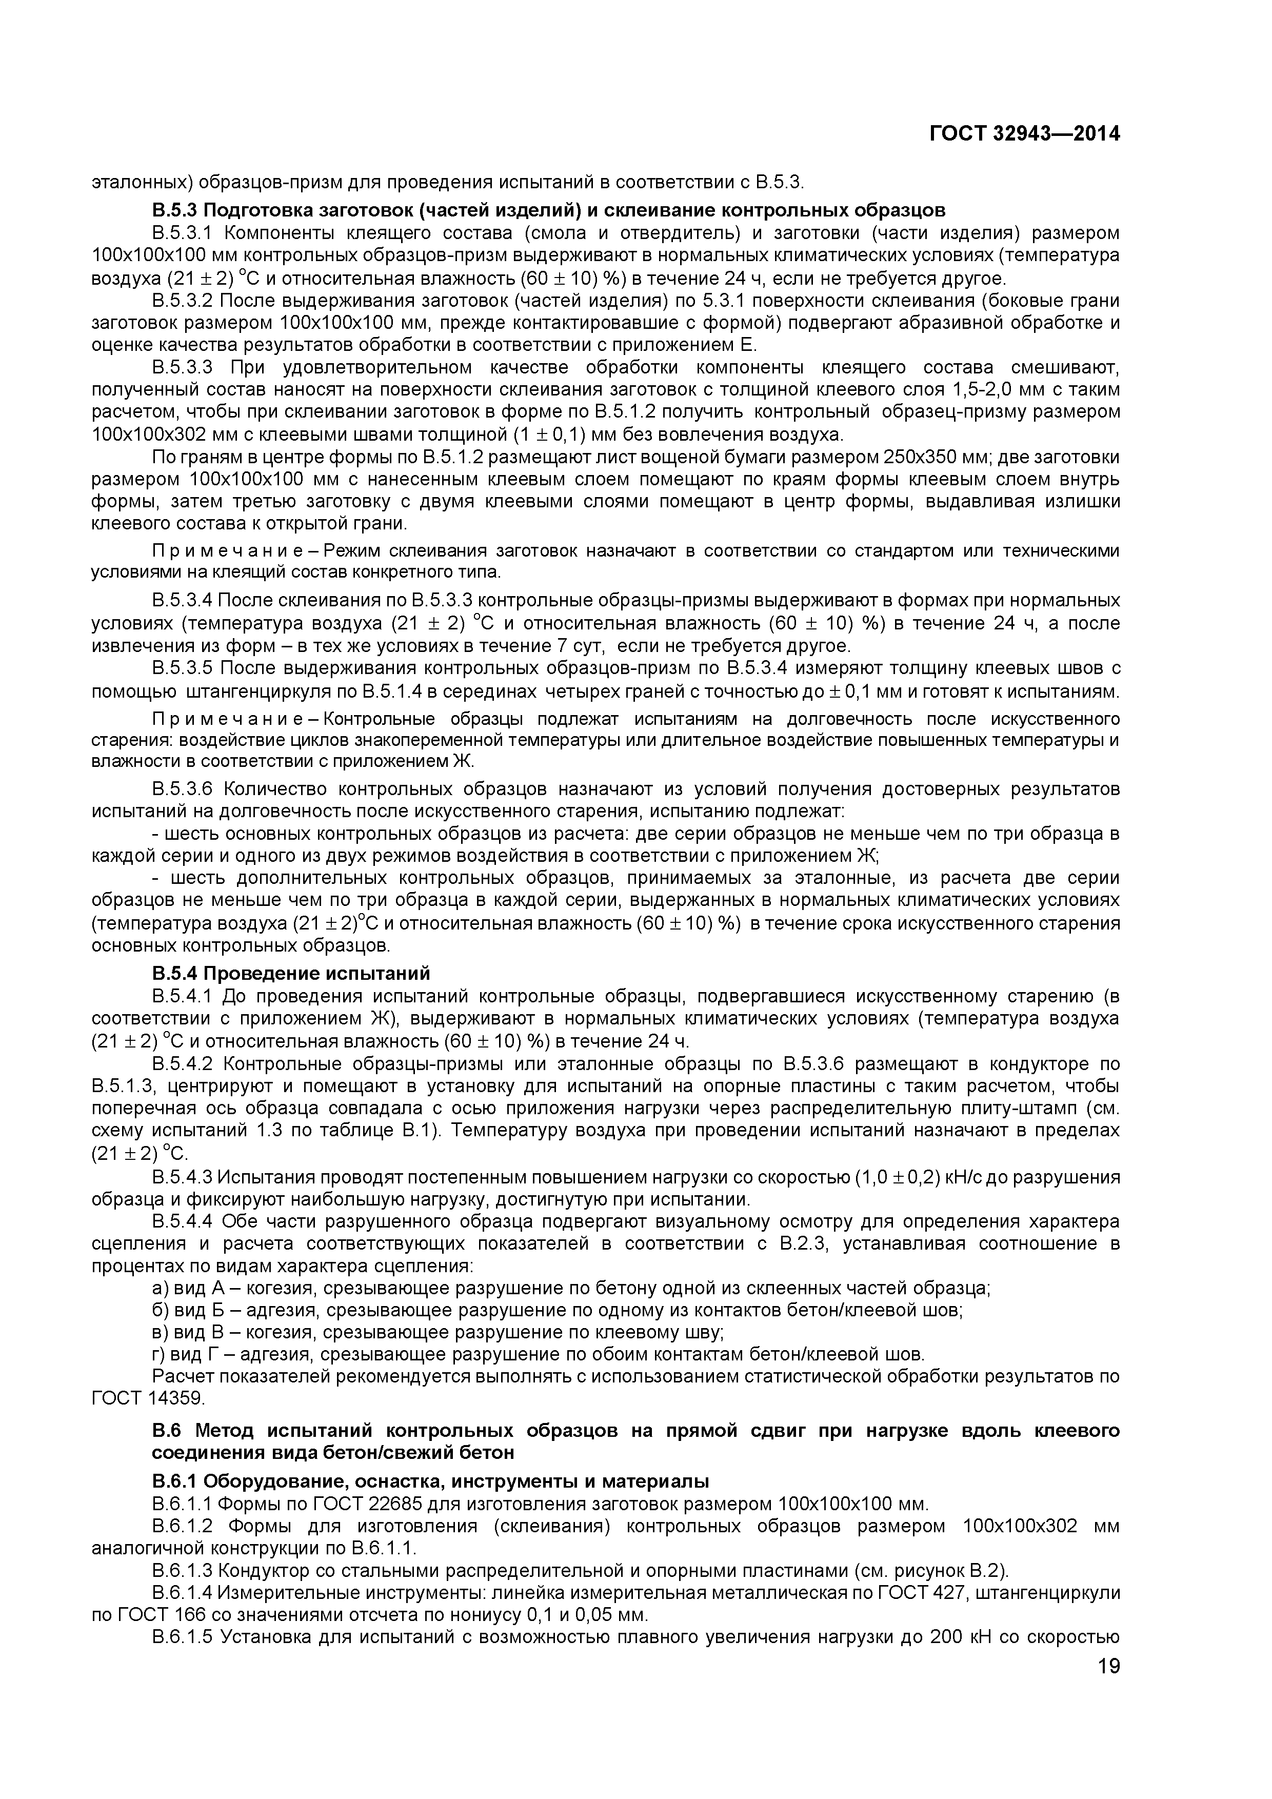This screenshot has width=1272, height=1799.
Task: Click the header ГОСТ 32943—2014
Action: pyautogui.click(x=1024, y=134)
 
